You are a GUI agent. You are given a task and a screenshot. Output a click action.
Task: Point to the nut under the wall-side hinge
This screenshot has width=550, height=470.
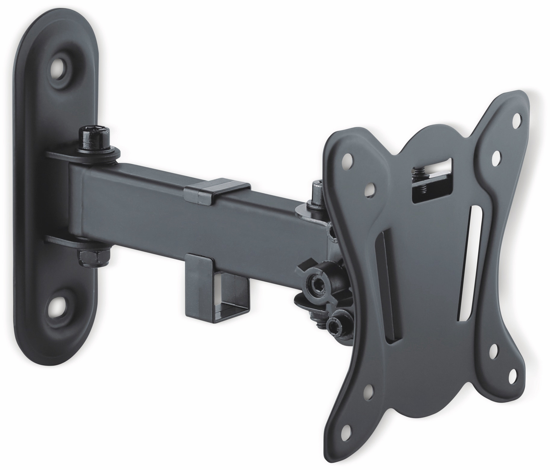[x=85, y=257]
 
